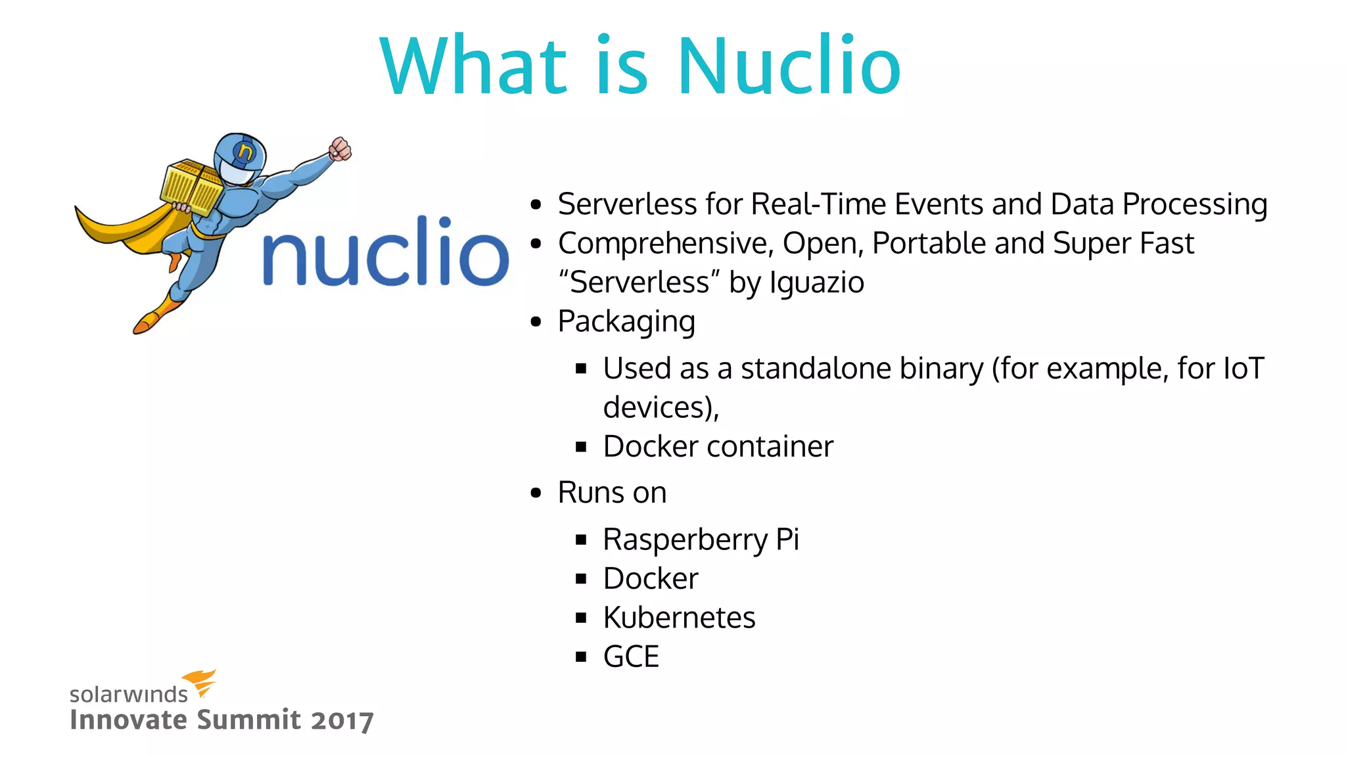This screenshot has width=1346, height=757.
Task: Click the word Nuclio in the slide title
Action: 789,66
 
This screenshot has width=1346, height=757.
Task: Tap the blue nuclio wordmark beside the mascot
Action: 386,253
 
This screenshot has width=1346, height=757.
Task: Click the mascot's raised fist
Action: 340,149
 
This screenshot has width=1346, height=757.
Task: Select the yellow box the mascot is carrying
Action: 191,187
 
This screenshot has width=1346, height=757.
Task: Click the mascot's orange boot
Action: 151,318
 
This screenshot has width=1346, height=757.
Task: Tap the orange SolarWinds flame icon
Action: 200,682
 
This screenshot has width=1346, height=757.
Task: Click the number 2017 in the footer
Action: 342,720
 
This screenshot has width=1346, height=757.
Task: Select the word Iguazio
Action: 817,283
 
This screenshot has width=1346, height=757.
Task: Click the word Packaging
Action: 626,322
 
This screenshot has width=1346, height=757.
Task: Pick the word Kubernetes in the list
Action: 679,618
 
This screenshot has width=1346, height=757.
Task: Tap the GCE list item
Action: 631,656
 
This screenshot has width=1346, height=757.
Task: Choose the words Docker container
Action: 718,447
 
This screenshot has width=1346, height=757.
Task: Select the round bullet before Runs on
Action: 536,493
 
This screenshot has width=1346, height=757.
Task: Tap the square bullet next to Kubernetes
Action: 580,618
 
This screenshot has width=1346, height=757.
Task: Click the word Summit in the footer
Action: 249,720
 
